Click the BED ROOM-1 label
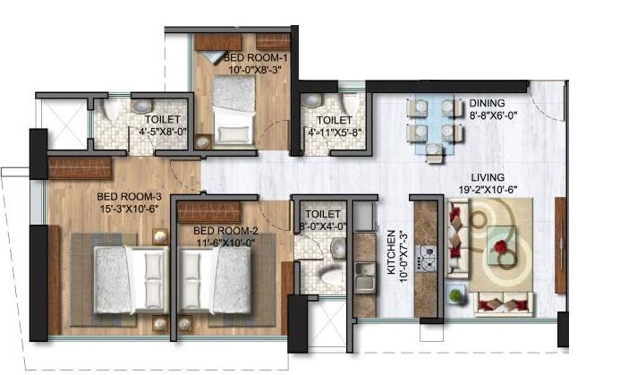250,57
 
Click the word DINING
487,104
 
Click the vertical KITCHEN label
390,260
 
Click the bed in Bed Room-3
126,273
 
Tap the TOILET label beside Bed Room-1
334,120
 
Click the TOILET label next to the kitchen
322,215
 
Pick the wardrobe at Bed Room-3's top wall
80,167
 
